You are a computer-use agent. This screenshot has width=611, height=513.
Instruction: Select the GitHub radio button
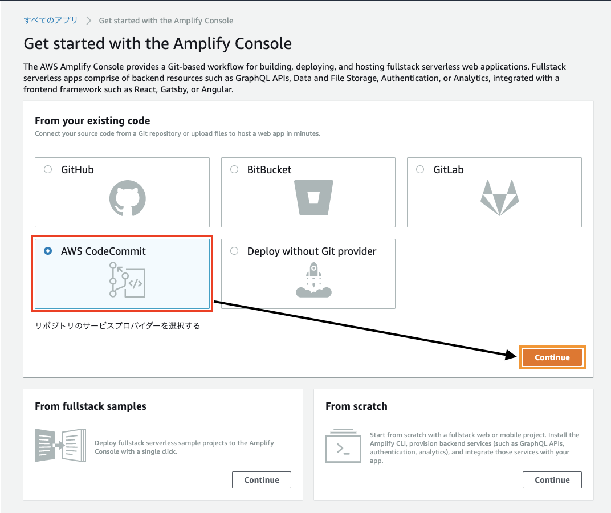pyautogui.click(x=48, y=169)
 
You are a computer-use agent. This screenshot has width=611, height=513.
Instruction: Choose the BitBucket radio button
pyautogui.click(x=234, y=169)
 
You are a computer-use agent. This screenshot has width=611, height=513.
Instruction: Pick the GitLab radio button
pyautogui.click(x=420, y=169)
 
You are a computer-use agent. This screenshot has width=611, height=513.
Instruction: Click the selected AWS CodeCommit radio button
pyautogui.click(x=48, y=251)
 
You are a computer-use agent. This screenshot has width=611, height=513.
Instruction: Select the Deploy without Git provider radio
pyautogui.click(x=234, y=251)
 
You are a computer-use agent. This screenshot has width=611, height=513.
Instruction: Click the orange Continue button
pyautogui.click(x=552, y=357)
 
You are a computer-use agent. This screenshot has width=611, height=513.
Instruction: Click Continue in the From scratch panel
pyautogui.click(x=552, y=480)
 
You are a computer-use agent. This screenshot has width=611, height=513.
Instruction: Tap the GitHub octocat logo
pyautogui.click(x=128, y=198)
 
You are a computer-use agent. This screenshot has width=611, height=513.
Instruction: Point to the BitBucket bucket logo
pyautogui.click(x=313, y=198)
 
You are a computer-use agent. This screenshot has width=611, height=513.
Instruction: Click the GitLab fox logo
pyautogui.click(x=499, y=198)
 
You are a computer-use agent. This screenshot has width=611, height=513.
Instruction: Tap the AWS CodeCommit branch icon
pyautogui.click(x=127, y=280)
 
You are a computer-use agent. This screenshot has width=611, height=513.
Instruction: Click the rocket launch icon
pyautogui.click(x=313, y=280)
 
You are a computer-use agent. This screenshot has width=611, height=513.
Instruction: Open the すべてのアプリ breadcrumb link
pyautogui.click(x=51, y=21)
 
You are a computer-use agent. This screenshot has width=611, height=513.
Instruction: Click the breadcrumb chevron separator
pyautogui.click(x=88, y=21)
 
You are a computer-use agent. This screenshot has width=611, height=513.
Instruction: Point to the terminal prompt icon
pyautogui.click(x=343, y=446)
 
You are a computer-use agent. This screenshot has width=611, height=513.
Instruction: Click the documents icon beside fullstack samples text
pyautogui.click(x=60, y=445)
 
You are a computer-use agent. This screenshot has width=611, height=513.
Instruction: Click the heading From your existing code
pyautogui.click(x=92, y=121)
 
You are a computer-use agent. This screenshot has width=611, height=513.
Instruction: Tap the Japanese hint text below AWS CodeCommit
pyautogui.click(x=117, y=325)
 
